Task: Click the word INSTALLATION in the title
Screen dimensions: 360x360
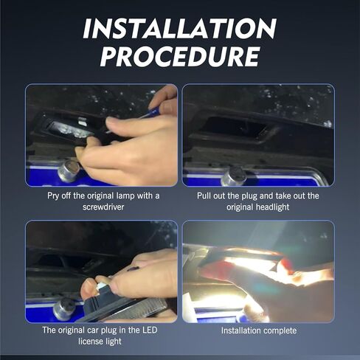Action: pos(180,29)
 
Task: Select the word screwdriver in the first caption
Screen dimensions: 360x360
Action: pos(103,207)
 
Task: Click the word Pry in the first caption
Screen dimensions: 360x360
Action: pos(53,196)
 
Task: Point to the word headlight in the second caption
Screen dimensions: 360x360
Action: pos(274,207)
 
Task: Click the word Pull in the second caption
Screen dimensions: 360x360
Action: pos(204,196)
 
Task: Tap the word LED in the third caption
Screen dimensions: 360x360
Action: pos(150,330)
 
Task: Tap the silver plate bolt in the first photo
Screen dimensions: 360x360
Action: pos(69,170)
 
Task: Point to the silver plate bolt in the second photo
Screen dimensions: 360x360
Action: pos(234,176)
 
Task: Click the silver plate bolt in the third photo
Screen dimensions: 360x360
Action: pos(64,309)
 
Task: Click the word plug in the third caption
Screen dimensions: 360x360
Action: pos(109,330)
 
